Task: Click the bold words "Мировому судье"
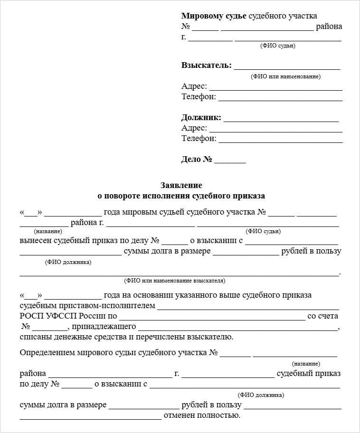coord(214,16)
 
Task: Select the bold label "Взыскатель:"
coord(206,66)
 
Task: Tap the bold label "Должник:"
coord(201,118)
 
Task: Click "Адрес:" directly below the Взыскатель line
coord(194,86)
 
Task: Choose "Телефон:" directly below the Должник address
coord(199,139)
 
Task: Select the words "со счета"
coord(323,316)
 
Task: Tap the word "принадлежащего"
coord(104,327)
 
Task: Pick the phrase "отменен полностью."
coord(202,416)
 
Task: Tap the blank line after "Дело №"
coord(230,160)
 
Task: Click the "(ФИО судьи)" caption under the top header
coord(278,46)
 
